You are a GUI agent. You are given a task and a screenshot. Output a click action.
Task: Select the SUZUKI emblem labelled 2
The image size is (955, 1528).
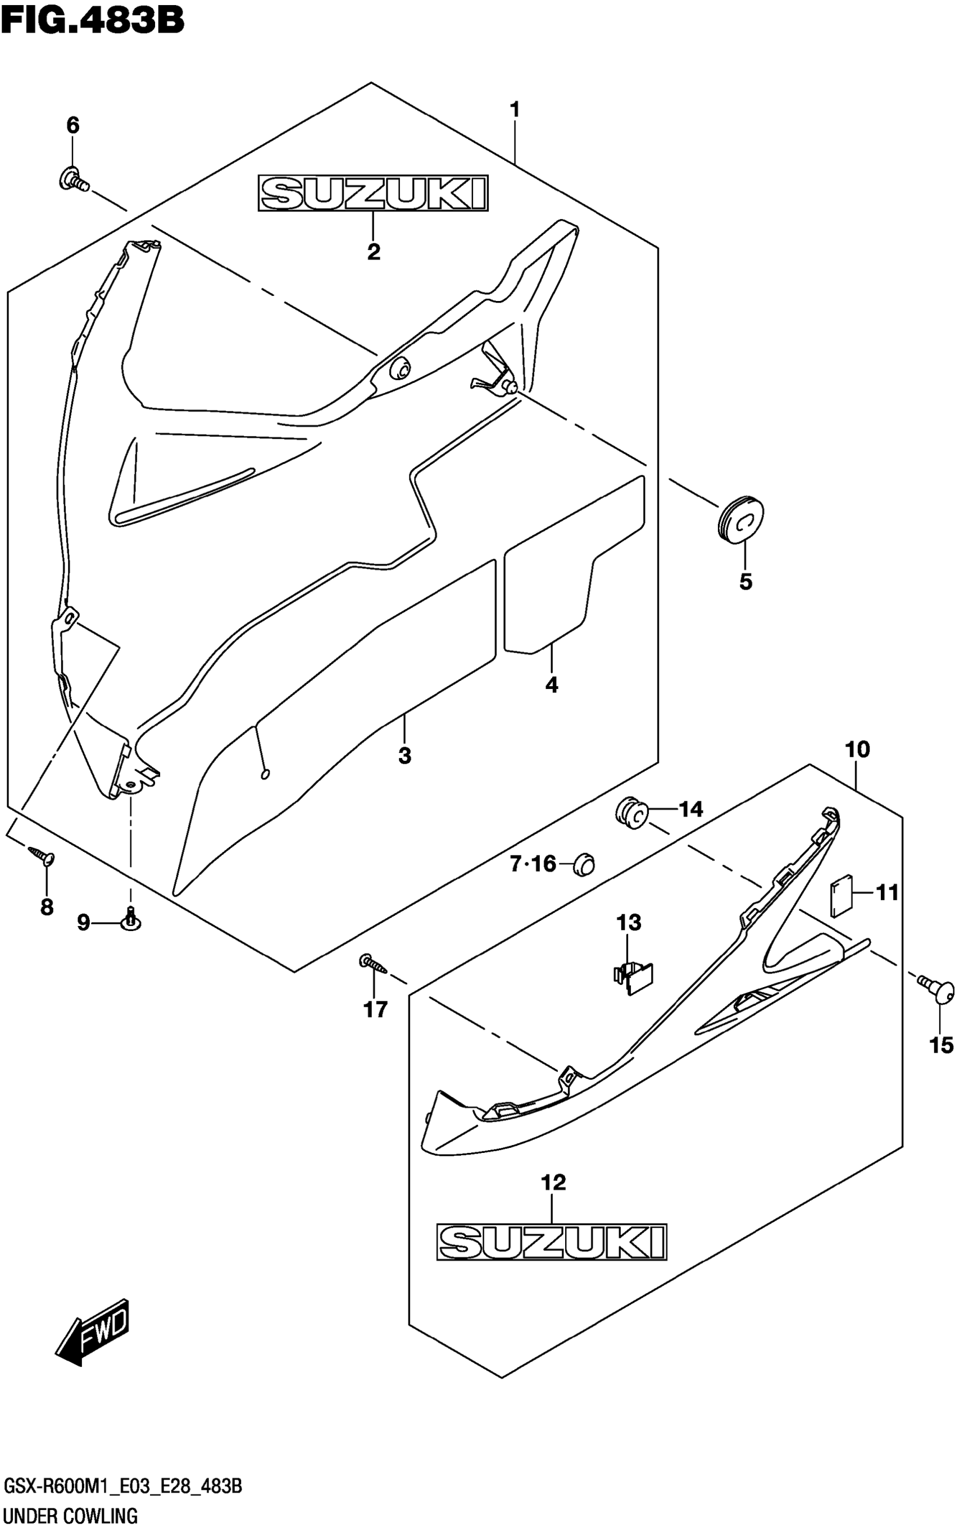click(372, 193)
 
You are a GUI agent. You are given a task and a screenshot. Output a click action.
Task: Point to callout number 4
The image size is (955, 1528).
click(552, 685)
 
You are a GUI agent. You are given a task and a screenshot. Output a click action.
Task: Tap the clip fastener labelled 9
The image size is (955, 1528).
click(131, 923)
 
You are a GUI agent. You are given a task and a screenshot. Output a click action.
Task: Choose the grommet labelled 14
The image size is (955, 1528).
click(631, 811)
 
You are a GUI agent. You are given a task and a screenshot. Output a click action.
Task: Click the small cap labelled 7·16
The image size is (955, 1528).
click(584, 864)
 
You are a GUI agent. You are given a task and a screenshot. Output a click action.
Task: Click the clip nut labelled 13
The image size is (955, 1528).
click(633, 978)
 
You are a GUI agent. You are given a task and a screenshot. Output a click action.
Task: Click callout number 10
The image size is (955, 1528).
click(857, 750)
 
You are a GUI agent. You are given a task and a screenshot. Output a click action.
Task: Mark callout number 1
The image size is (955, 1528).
click(515, 110)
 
